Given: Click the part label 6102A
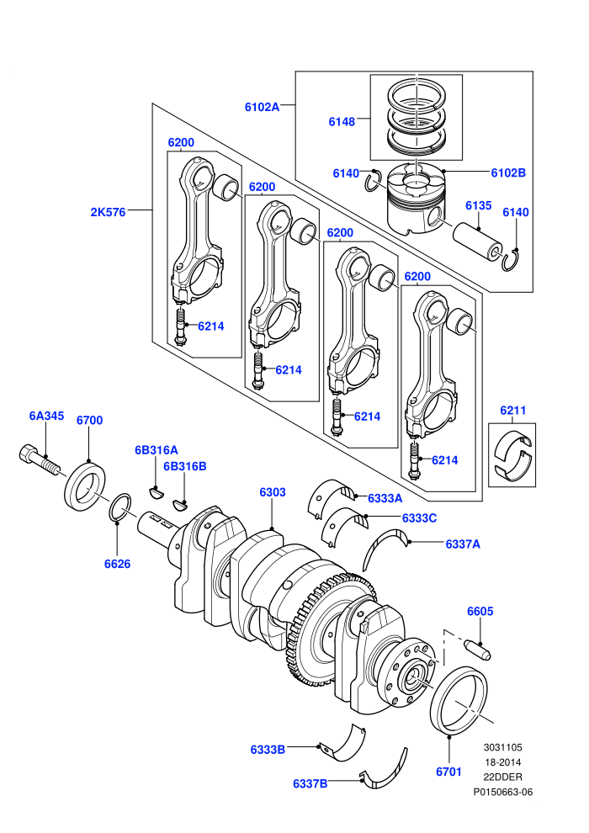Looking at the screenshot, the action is coord(262,107).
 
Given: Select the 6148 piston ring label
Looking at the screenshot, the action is coord(342,122).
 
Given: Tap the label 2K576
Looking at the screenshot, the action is coord(108,212).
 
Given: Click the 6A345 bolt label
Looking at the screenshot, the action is coord(47,416).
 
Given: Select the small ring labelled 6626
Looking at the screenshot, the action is coord(120,507).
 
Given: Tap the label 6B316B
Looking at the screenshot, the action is coord(185,466).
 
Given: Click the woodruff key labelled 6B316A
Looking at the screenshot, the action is coord(155,493).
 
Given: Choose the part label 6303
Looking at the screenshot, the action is coord(273,492).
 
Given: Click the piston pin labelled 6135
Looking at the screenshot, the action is coord(478,242).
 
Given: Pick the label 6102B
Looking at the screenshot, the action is coord(508,172).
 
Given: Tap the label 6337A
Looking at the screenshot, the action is coord(463,544).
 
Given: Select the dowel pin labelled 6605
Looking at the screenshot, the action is coord(477,650).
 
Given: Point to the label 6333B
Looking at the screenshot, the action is coord(268,750).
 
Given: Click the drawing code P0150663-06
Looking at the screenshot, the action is coord(503,792).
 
